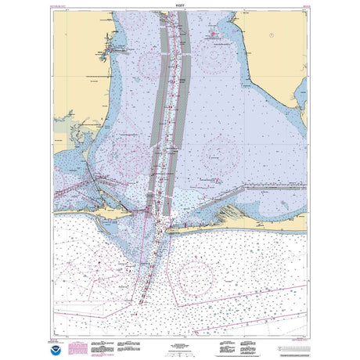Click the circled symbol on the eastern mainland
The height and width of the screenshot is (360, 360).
coord(270,35)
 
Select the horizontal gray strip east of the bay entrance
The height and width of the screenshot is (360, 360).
coord(274,187)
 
